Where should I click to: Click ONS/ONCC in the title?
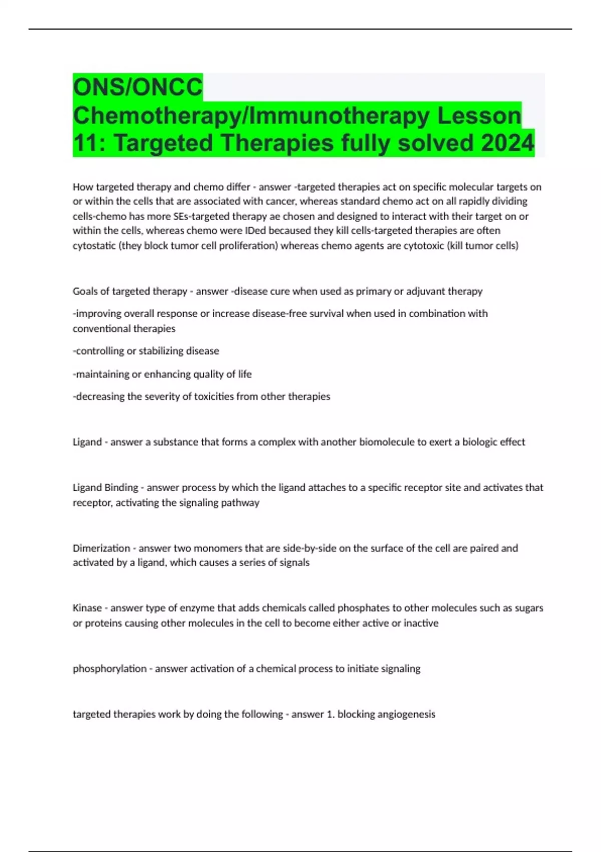[x=138, y=87]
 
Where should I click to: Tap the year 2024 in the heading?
[x=507, y=143]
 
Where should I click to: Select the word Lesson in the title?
[x=479, y=115]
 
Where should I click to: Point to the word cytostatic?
[x=94, y=246]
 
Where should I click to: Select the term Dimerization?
[x=101, y=548]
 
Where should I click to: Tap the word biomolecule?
[x=386, y=442]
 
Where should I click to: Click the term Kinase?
[x=87, y=608]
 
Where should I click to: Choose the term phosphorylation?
[x=110, y=669]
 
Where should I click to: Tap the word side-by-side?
[x=310, y=548]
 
